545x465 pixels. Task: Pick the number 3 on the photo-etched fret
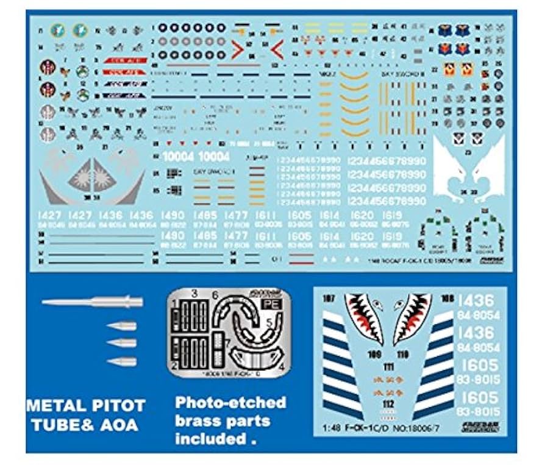(193, 294)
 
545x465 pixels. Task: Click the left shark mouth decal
(365, 318)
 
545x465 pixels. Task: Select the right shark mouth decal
(411, 318)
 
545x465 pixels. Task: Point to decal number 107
(331, 298)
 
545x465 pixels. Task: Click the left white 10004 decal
(178, 157)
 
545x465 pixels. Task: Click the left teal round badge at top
(59, 30)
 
